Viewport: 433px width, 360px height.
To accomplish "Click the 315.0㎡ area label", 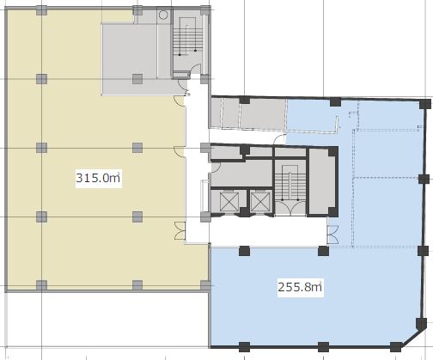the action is coord(99,178).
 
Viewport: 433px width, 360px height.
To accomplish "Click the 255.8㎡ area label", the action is coord(301,287).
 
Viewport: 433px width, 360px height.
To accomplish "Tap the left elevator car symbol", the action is coord(229,202).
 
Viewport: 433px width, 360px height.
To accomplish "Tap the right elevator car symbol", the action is coord(260,202).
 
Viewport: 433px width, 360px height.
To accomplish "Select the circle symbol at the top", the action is coord(163,15).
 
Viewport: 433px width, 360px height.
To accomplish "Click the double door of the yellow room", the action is coord(180,231).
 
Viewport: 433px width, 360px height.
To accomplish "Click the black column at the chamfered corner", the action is coord(421,324).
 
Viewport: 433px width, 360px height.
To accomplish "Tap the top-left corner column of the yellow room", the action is coord(41,10).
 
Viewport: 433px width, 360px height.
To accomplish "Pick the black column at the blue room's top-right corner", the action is coord(425,104).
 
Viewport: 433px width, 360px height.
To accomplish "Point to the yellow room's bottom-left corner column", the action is coord(41,285).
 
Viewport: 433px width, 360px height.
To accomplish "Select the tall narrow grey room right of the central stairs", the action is coord(322,181).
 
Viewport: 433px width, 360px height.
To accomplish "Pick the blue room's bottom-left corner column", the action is coord(244,347).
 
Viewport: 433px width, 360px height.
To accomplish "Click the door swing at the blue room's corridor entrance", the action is coord(279,139).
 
